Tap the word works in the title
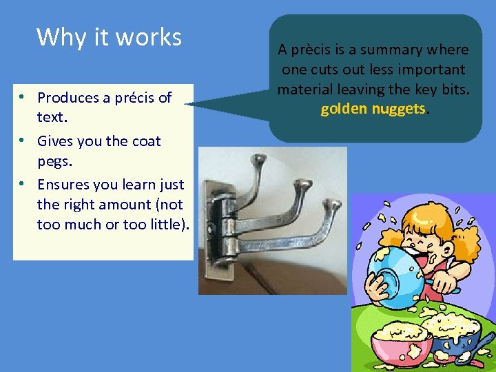pos(149,37)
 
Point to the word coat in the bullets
pos(146,141)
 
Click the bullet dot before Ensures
pos(23,184)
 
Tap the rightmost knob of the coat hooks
pos(332,204)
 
